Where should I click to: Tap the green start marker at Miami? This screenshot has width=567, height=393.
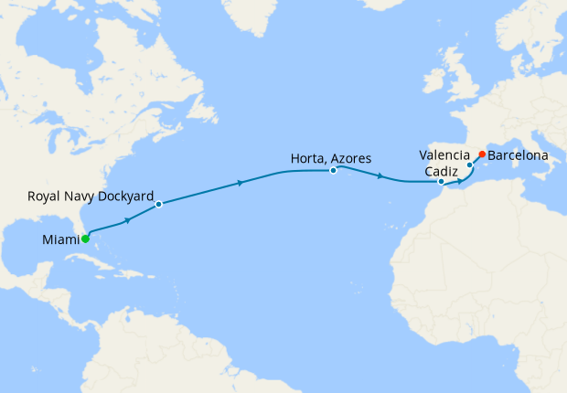pyautogui.click(x=85, y=239)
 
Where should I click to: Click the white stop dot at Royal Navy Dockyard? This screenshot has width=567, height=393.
pyautogui.click(x=158, y=204)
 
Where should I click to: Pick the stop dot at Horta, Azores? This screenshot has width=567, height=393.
pyautogui.click(x=334, y=170)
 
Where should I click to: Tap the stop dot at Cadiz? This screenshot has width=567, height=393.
pyautogui.click(x=441, y=182)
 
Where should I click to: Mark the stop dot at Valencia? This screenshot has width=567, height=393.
pyautogui.click(x=470, y=165)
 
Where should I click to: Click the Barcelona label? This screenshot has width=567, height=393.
pyautogui.click(x=519, y=155)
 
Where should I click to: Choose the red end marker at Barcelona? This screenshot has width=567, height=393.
pyautogui.click(x=482, y=154)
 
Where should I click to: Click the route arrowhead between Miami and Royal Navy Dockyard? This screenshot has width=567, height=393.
pyautogui.click(x=128, y=219)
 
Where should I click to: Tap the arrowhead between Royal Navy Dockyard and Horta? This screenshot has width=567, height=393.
pyautogui.click(x=240, y=183)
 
